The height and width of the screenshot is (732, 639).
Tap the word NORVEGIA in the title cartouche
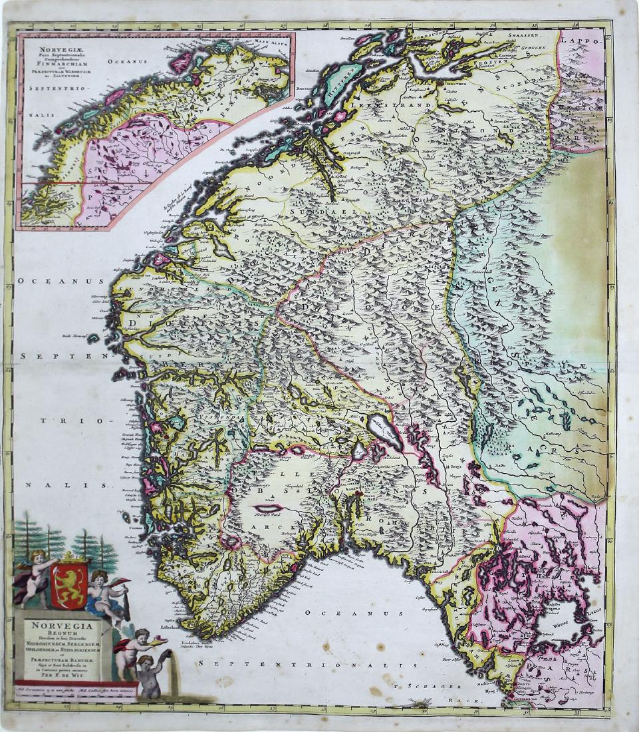tap(61, 626)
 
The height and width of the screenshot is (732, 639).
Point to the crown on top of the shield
tap(69, 557)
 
